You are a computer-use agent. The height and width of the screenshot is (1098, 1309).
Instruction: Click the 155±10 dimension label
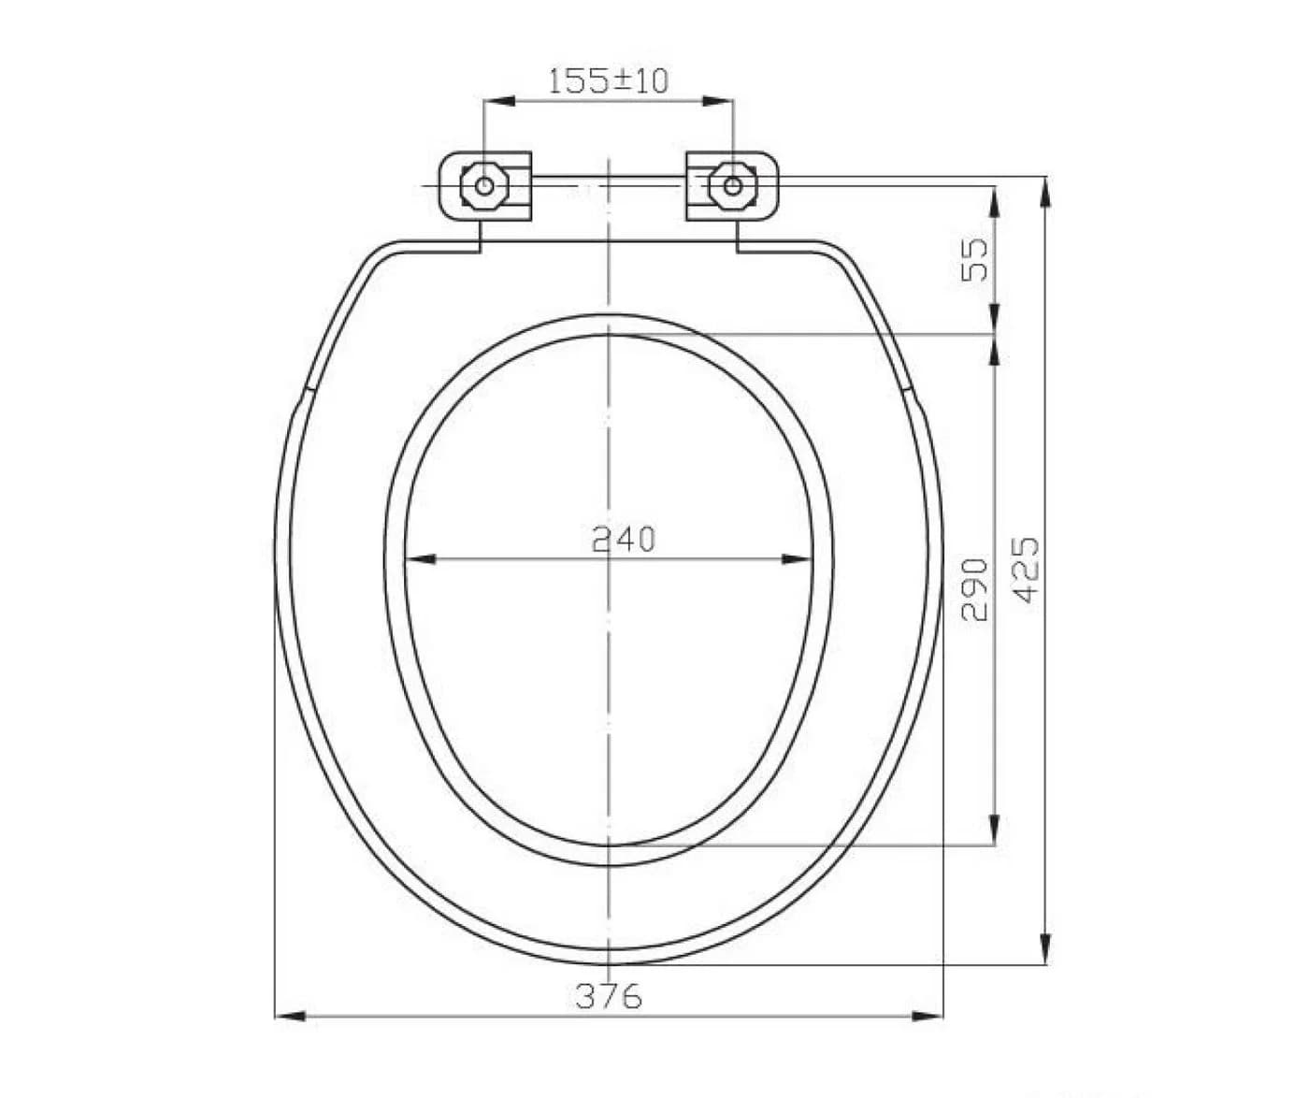click(x=609, y=80)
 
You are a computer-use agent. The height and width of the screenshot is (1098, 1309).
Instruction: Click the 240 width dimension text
click(x=624, y=540)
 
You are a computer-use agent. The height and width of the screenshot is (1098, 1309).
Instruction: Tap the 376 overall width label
click(x=610, y=995)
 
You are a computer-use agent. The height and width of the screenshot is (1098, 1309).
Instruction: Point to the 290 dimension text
click(x=975, y=590)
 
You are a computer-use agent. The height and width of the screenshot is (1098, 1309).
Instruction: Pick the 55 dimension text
click(x=975, y=260)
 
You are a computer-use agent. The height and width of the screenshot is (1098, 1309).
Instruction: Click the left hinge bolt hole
click(x=484, y=185)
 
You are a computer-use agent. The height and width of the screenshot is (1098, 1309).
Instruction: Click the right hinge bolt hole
click(x=733, y=185)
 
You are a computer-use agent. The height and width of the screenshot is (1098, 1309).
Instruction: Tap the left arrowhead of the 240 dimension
click(x=421, y=558)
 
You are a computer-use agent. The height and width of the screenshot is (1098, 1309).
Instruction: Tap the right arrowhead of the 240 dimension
click(x=797, y=558)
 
